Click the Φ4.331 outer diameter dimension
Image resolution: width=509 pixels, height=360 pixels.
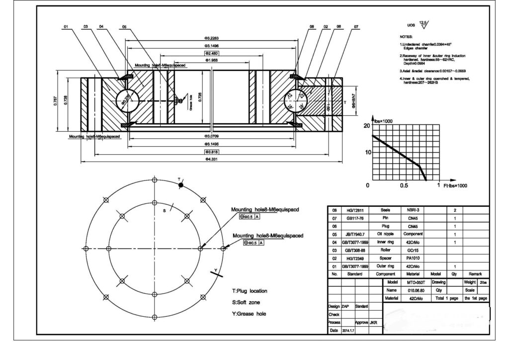(x=212, y=160)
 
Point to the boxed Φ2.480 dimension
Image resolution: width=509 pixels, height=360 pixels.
(x=212, y=53)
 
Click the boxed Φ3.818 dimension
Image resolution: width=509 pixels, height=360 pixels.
(x=212, y=151)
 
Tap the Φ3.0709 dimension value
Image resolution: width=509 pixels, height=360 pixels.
(x=212, y=136)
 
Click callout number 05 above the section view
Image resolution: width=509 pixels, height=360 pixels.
(x=124, y=26)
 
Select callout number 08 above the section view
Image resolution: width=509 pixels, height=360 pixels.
(x=312, y=26)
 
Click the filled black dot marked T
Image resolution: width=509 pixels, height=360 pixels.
(x=181, y=185)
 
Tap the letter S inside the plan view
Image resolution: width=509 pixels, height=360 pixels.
(x=164, y=211)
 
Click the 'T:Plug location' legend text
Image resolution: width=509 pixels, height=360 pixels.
(x=250, y=291)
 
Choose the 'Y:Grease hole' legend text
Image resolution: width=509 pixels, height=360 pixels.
(x=249, y=314)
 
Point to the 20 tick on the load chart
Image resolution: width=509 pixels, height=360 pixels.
(x=368, y=125)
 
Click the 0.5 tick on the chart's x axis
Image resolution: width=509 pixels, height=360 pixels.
(x=404, y=185)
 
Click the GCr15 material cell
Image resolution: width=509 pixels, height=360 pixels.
(x=413, y=250)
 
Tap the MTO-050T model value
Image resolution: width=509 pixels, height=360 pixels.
(x=415, y=282)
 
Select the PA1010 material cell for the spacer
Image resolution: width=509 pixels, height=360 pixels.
(x=413, y=258)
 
